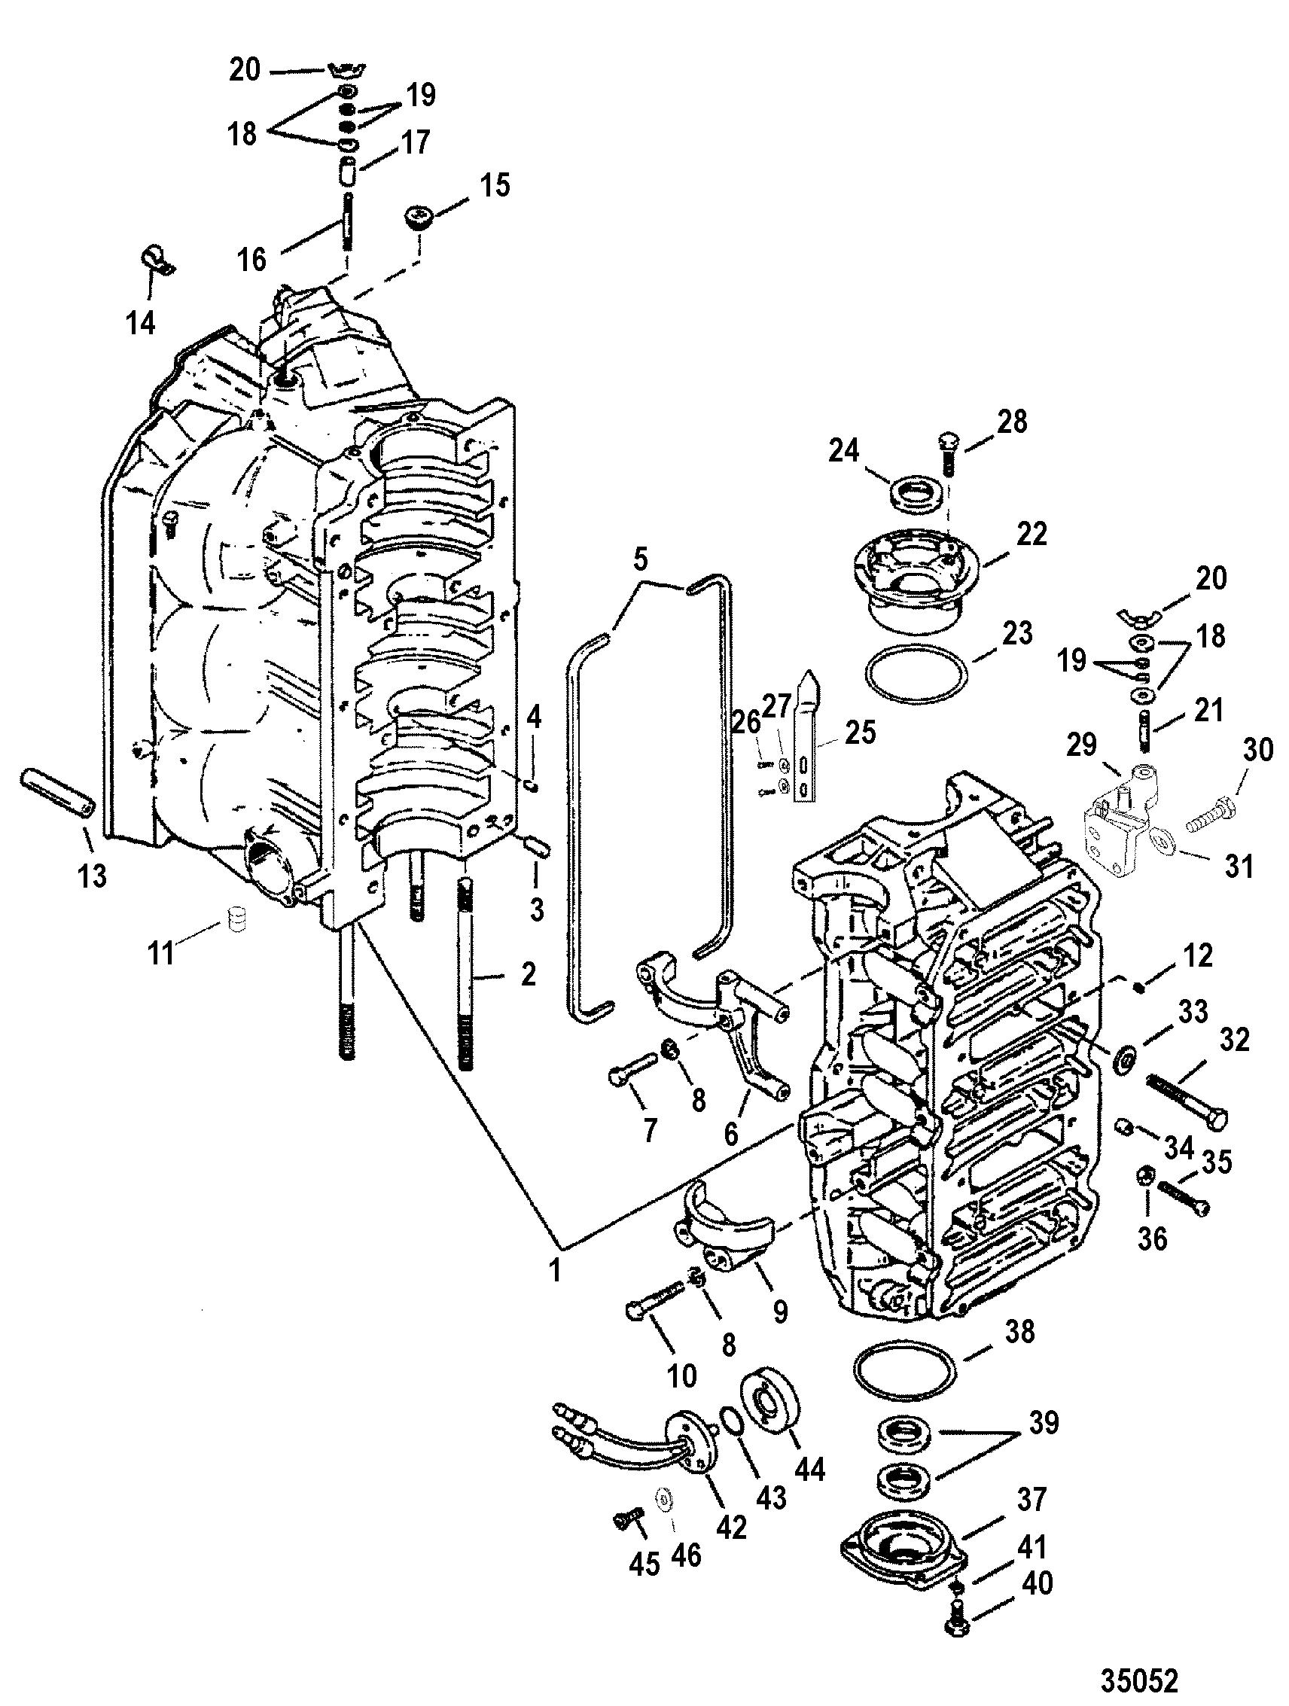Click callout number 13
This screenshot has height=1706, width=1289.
pos(93,877)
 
